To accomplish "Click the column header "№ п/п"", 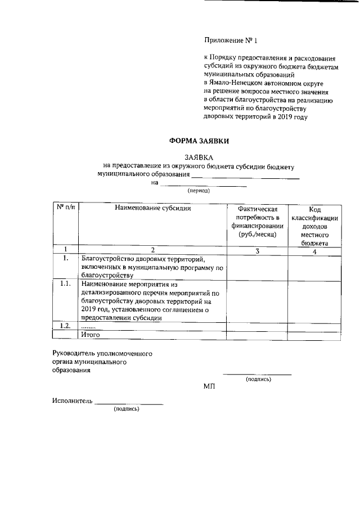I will click(65, 208).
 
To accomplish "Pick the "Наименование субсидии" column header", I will click(152, 208).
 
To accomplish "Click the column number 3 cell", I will click(257, 251).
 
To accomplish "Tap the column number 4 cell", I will click(314, 251).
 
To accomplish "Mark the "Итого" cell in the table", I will click(91, 335).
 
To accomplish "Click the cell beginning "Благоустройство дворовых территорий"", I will click(152, 267).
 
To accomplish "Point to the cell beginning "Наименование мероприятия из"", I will click(152, 300).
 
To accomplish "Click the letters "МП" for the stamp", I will click(209, 387).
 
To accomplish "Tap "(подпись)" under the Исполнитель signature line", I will click(127, 409).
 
